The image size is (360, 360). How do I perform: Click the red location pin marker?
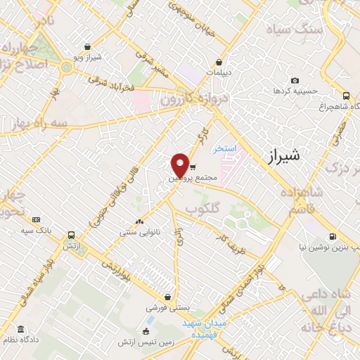(x=180, y=165)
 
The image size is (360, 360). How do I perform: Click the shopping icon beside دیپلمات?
(x=219, y=62)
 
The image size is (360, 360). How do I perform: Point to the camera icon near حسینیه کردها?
(x=294, y=80)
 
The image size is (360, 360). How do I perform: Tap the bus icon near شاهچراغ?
(x=345, y=96)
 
